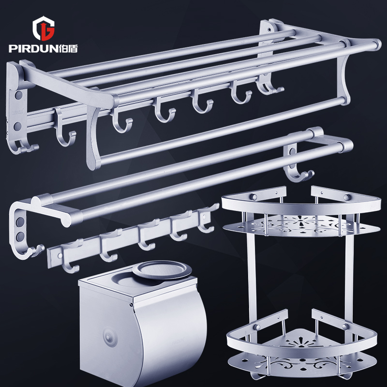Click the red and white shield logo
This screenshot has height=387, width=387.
coord(44,28)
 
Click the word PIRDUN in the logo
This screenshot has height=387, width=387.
coord(34,48)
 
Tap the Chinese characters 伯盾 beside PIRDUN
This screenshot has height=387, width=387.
coord(69,48)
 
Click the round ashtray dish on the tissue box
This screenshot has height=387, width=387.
coord(162,270)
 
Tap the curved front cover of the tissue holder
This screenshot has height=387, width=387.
coord(170,341)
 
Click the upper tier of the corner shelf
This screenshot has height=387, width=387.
coord(301,212)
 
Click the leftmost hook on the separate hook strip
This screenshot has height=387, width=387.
coord(70,257)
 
